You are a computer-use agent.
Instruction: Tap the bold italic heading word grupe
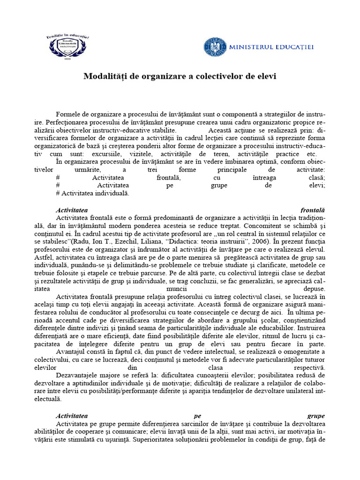tap(316, 416)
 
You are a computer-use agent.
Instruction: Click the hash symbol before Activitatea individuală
tap(57, 193)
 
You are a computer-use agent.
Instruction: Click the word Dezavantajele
tap(78, 375)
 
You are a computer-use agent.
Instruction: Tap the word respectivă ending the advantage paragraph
tap(308, 367)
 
